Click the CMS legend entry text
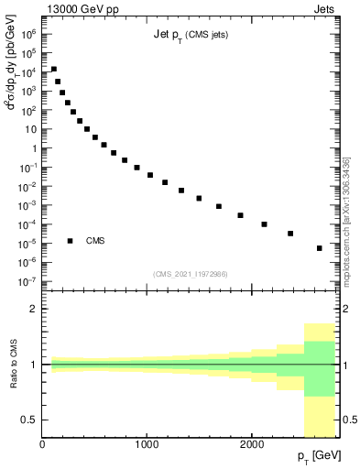(x=95, y=241)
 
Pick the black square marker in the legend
(x=71, y=241)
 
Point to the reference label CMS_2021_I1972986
(x=191, y=274)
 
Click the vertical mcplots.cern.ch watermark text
(x=346, y=220)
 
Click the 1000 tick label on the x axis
(x=147, y=444)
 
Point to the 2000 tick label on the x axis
(x=252, y=444)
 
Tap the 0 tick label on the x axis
(x=43, y=444)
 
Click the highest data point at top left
(x=54, y=69)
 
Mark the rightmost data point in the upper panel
(x=319, y=248)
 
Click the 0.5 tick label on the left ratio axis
(x=30, y=420)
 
